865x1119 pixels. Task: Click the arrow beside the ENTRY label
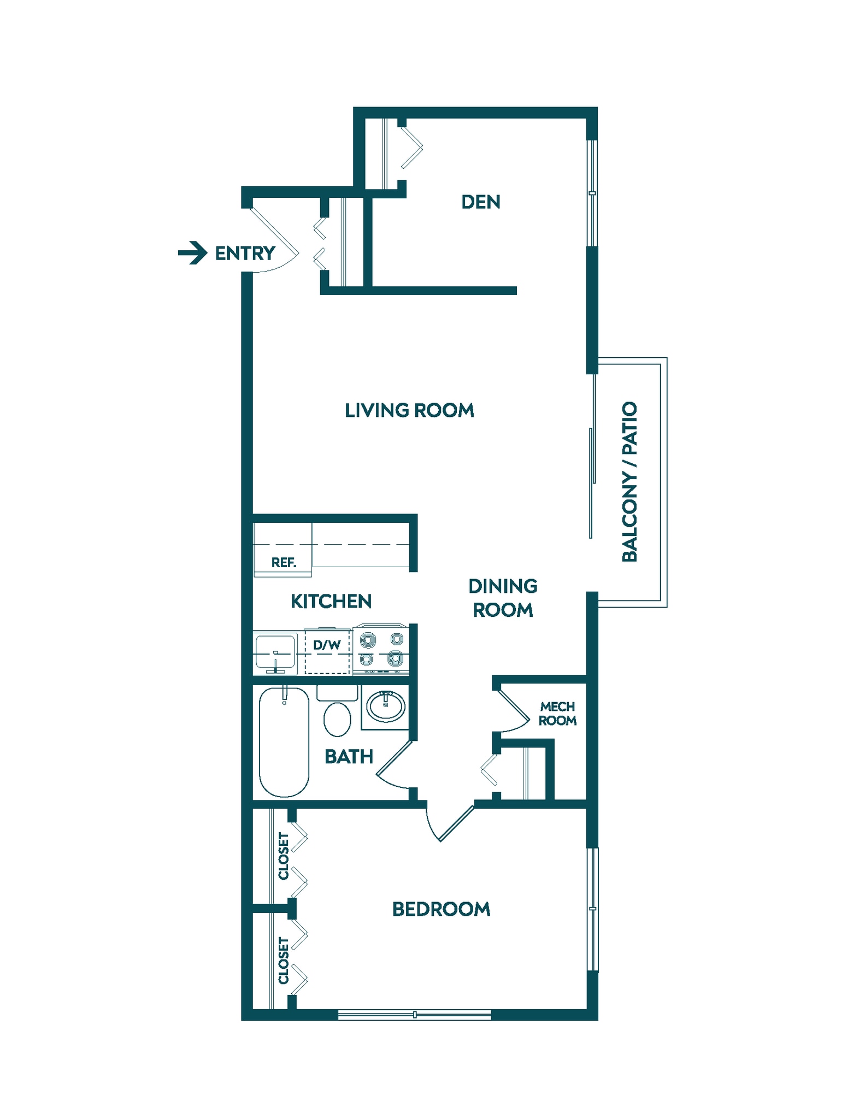pos(192,253)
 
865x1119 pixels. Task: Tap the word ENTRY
pos(245,254)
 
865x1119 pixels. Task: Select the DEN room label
pos(480,202)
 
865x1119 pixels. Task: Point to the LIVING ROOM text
pos(409,410)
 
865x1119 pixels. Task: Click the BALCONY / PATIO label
pos(629,481)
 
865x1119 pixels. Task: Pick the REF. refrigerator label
pos(284,562)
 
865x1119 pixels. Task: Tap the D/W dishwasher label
pos(327,645)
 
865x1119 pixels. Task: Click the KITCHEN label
pos(331,602)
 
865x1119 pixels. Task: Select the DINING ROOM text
pos(503,598)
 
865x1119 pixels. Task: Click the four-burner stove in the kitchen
pos(381,649)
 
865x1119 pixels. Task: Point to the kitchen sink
pos(275,653)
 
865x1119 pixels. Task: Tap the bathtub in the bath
pos(284,741)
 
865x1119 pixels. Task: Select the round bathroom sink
pos(386,706)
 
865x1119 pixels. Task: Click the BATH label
pos(349,757)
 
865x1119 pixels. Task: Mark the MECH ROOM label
pos(557,714)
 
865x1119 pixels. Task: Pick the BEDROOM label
pos(441,909)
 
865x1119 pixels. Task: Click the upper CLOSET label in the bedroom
pos(284,856)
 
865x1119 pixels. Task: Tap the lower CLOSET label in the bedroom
pos(284,961)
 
